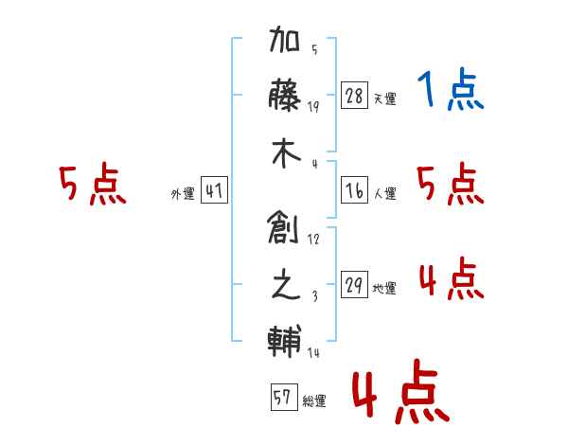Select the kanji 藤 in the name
(x=285, y=96)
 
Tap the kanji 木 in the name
(x=285, y=151)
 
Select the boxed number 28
(x=355, y=95)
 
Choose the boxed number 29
(x=355, y=284)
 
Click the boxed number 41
(x=214, y=190)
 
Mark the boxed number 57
(x=283, y=398)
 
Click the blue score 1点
(x=451, y=91)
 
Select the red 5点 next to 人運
(x=451, y=185)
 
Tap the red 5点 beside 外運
(x=92, y=185)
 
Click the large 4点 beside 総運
(x=399, y=395)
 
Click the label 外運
(x=182, y=194)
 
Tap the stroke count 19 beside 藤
(x=313, y=106)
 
